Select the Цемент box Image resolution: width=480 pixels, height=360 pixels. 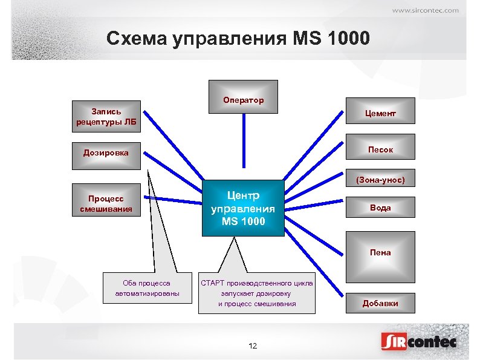pos(380,113)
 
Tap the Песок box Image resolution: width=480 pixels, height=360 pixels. pos(380,149)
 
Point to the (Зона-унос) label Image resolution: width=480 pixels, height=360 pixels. pos(380,180)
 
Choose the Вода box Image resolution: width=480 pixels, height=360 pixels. pos(380,208)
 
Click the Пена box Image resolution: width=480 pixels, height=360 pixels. pos(380,252)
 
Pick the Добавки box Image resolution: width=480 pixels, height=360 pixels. pos(380,303)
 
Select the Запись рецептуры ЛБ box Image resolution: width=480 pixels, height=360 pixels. pos(106,116)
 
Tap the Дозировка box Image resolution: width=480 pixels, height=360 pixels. pos(106,152)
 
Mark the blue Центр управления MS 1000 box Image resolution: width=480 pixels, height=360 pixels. pos(242,208)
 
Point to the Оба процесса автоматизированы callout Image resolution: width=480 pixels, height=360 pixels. pos(146,288)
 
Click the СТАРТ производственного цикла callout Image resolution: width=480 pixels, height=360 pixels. pos(257,293)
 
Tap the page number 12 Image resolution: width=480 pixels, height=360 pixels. pos(253,345)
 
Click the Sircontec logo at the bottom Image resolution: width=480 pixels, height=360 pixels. pos(418,342)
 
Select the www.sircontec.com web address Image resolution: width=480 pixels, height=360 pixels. pos(425,10)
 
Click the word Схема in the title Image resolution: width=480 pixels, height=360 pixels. pos(136,39)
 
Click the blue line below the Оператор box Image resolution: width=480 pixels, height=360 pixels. pos(243,140)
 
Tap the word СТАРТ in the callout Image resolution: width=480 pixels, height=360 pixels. pos(212,283)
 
